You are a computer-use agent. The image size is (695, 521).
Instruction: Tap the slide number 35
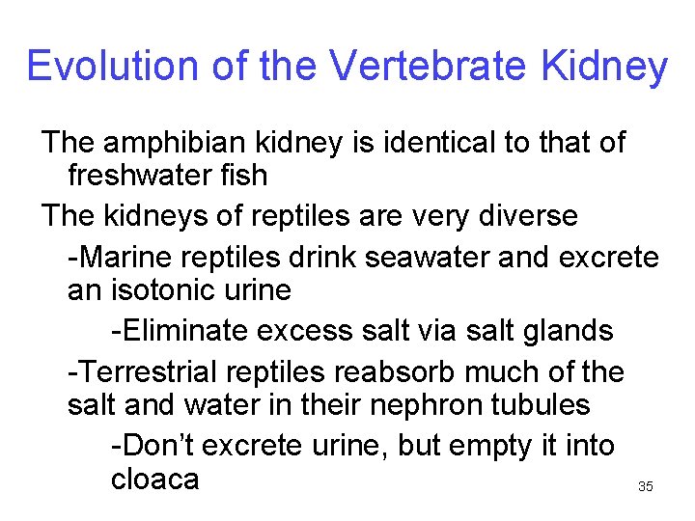pyautogui.click(x=646, y=487)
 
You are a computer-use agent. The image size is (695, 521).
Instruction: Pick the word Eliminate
pyautogui.click(x=185, y=331)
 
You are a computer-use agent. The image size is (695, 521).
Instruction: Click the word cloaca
pyautogui.click(x=155, y=480)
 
